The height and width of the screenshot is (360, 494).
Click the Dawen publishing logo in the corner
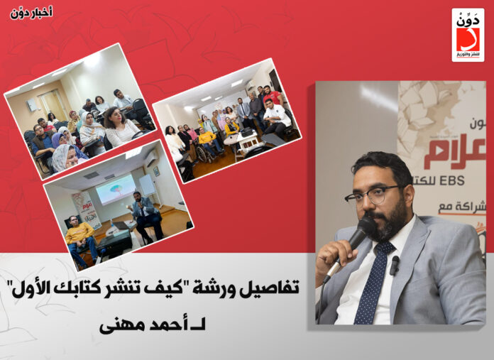pyautogui.click(x=467, y=35)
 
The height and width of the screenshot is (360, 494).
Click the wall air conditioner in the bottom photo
pyautogui.click(x=152, y=160)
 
